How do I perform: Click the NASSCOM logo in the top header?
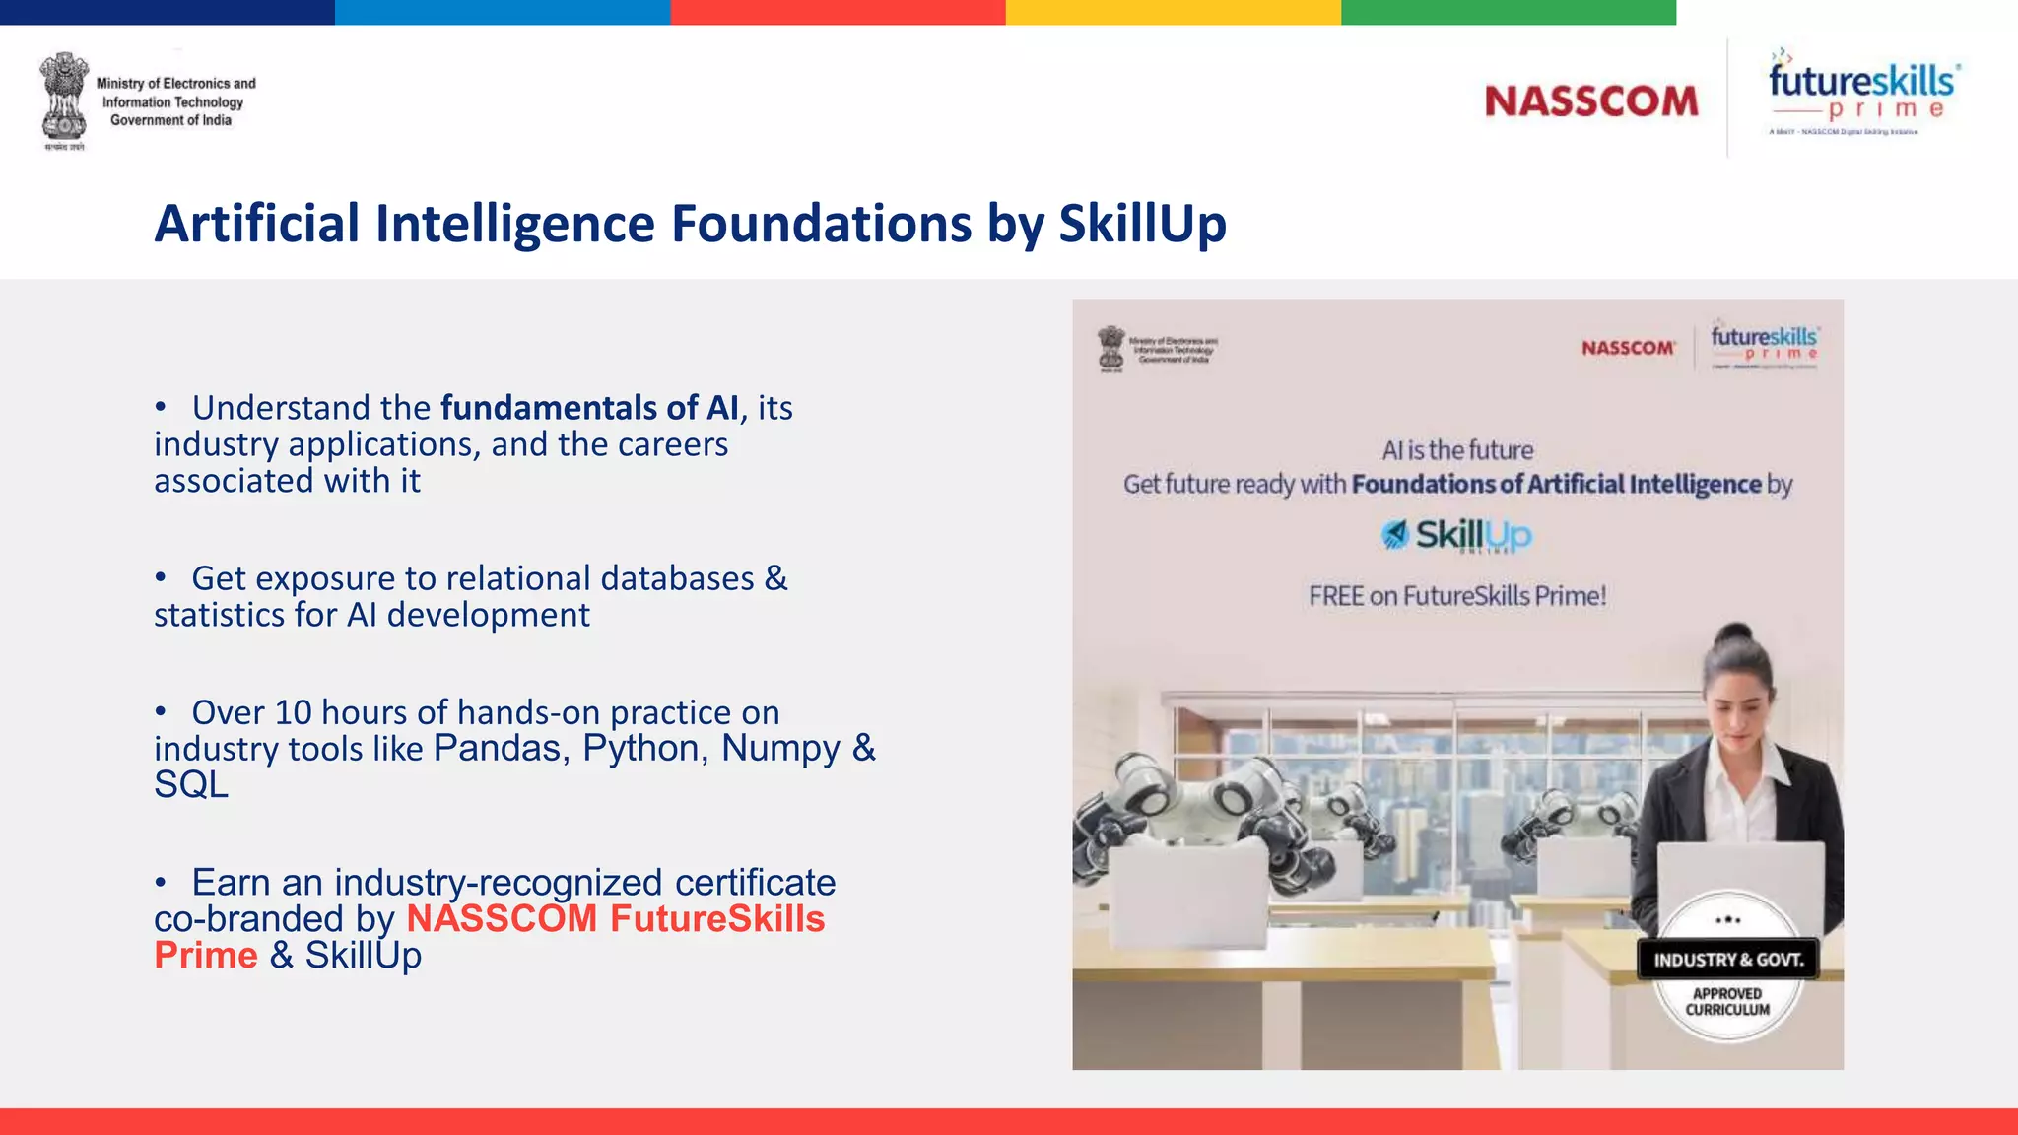click(x=1591, y=101)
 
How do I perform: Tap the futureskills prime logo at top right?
click(x=1861, y=95)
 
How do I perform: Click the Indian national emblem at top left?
click(x=64, y=99)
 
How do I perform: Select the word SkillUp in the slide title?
click(x=1142, y=224)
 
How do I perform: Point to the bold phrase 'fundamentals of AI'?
click(x=588, y=408)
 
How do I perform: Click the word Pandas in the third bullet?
click(x=497, y=749)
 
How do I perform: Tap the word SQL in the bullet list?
click(x=191, y=785)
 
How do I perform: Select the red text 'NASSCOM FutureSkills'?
click(x=615, y=919)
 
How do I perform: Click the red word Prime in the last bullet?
click(x=206, y=956)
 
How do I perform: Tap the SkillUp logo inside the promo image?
click(x=1456, y=535)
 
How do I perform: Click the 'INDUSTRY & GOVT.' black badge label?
click(x=1728, y=960)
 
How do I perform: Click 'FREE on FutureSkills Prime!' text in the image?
click(x=1457, y=596)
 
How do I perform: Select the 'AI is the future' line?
click(x=1457, y=450)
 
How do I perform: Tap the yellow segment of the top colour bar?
click(x=1173, y=12)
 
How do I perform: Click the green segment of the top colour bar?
click(x=1508, y=12)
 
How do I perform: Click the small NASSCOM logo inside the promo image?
click(x=1628, y=348)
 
